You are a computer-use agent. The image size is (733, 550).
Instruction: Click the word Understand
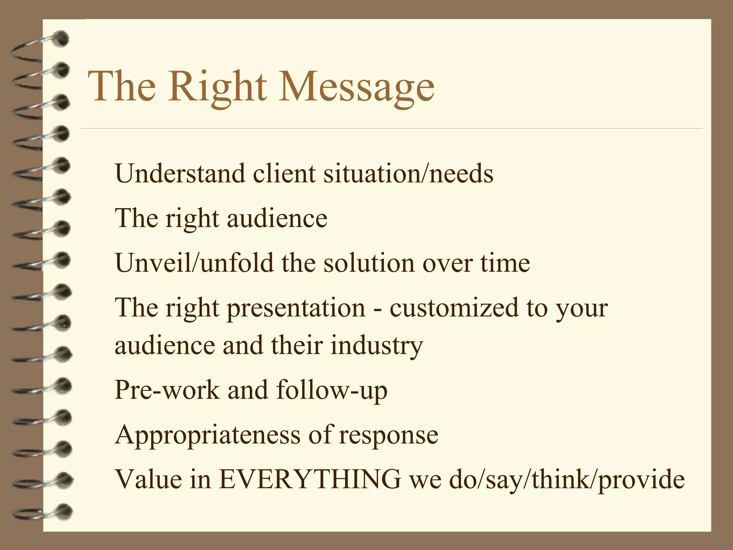click(x=180, y=174)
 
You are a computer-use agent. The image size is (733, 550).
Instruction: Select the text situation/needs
click(x=408, y=174)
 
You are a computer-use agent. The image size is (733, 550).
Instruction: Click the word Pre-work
click(x=167, y=390)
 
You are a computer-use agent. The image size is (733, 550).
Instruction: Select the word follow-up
click(x=332, y=390)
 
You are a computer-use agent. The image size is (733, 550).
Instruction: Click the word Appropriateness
click(x=208, y=435)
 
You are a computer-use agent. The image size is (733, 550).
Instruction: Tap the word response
click(x=389, y=435)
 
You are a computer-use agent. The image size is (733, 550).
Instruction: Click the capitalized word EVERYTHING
click(x=310, y=479)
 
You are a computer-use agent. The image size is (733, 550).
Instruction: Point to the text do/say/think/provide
click(x=567, y=479)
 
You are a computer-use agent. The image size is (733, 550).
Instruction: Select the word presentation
click(x=296, y=308)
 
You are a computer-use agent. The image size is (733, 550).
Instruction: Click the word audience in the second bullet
click(x=277, y=218)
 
